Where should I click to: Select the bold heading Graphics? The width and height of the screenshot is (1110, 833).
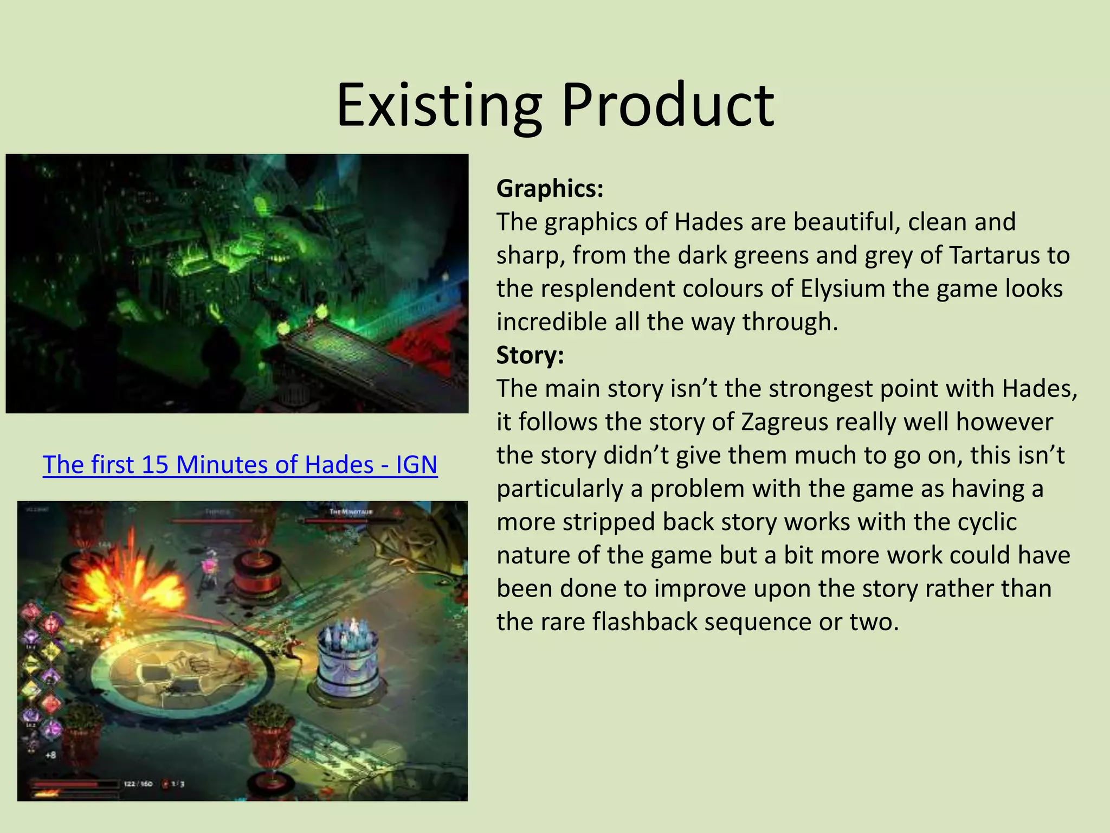(550, 188)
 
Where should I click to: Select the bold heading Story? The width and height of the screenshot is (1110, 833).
(530, 355)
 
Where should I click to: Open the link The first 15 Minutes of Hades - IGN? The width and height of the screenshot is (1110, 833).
(240, 464)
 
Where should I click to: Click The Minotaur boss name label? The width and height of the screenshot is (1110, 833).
(351, 512)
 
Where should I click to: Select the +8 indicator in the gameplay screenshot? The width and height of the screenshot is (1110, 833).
(50, 755)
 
